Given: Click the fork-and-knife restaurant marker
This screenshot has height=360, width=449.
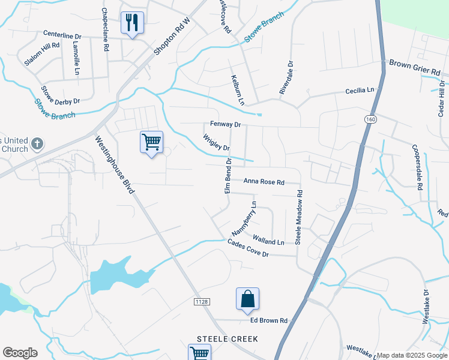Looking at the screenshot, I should (131, 23).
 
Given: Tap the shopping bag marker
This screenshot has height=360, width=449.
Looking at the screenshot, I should (247, 299).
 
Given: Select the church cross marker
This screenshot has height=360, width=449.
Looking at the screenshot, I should (37, 143).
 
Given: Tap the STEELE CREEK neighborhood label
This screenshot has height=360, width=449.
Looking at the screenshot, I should (228, 339).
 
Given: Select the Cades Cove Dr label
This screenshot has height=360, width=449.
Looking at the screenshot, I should (247, 248).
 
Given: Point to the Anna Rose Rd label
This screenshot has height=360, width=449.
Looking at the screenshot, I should (263, 181).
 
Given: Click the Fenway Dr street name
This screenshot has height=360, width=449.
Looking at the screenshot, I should (225, 125).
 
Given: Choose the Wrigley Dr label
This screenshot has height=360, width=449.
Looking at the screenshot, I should (217, 143).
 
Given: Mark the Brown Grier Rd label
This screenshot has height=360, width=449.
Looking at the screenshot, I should (414, 67).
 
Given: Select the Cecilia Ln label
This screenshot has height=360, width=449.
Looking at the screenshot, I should (360, 91).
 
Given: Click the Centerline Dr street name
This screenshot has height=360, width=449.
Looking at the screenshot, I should (70, 35).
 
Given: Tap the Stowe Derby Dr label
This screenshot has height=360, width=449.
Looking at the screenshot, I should (60, 95).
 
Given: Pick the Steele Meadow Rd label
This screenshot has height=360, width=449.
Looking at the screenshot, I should (298, 217).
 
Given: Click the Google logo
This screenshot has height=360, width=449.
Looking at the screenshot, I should (20, 352).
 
